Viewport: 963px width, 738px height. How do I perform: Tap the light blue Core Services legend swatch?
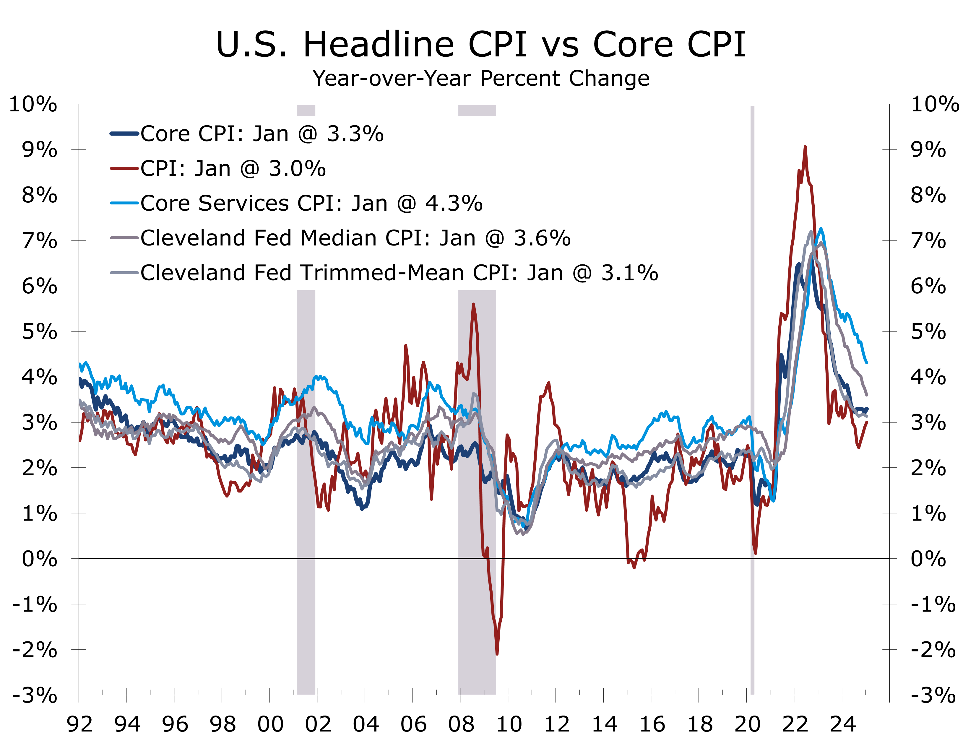click(x=124, y=203)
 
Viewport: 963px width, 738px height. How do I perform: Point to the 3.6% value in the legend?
click(x=542, y=238)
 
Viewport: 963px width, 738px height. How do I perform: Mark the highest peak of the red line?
click(x=805, y=147)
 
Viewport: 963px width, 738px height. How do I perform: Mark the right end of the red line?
click(x=867, y=422)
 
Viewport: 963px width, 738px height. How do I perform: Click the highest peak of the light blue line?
click(x=821, y=228)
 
